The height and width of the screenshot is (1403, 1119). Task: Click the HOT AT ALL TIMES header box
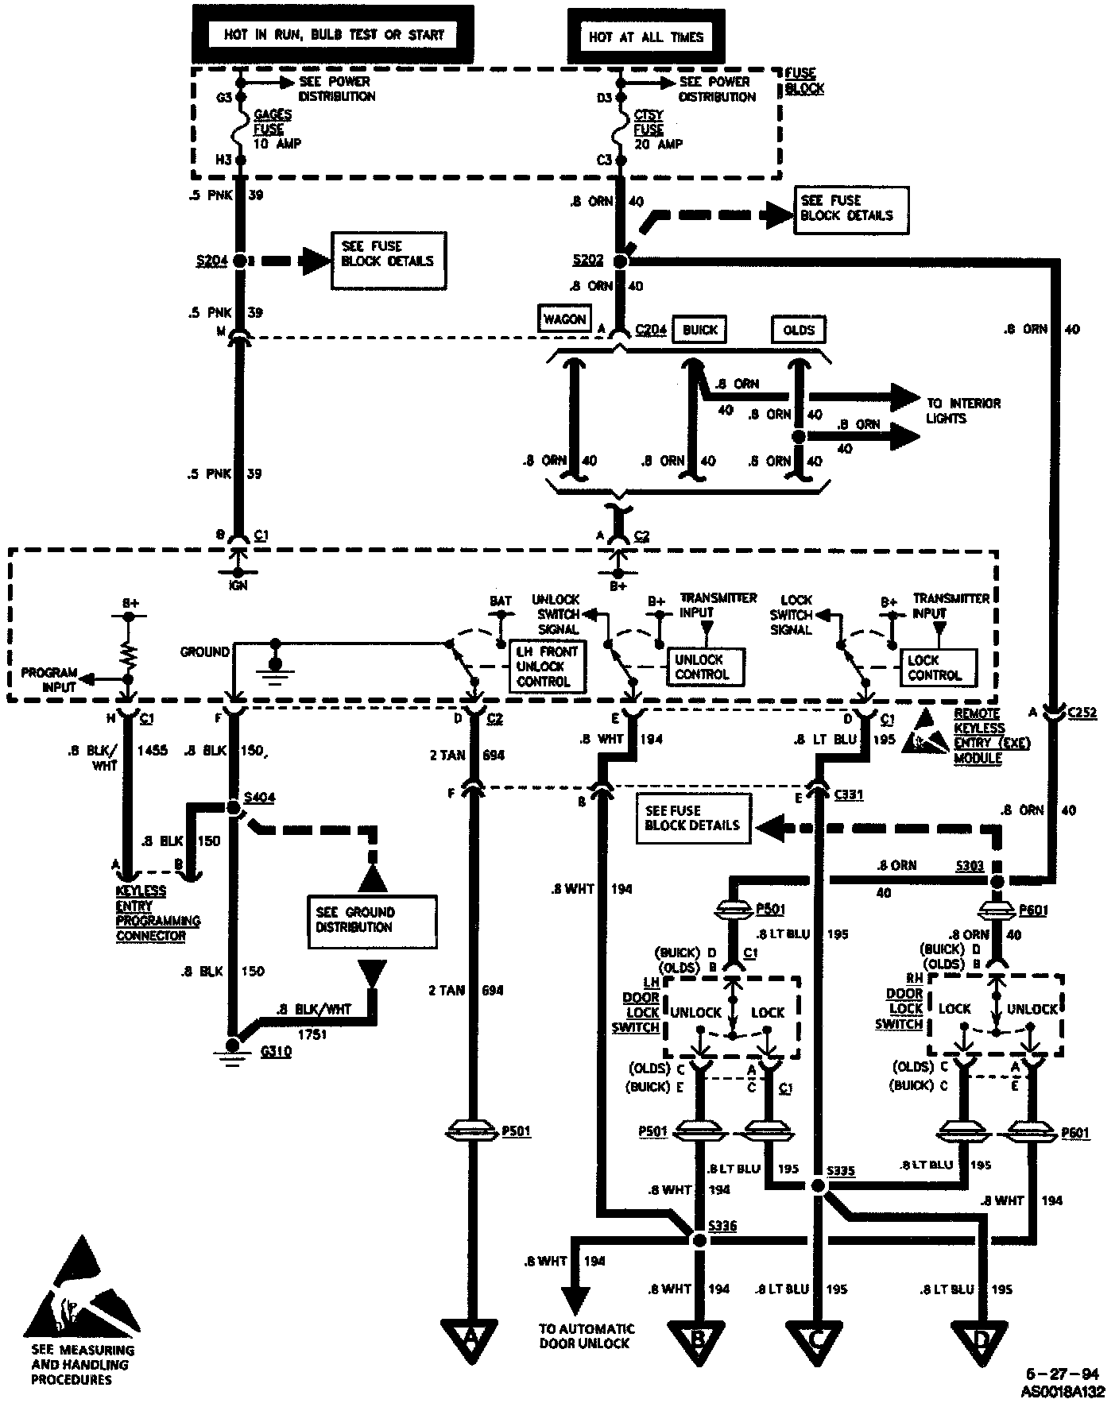pyautogui.click(x=645, y=37)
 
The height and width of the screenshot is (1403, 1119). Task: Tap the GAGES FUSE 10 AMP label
pyautogui.click(x=274, y=129)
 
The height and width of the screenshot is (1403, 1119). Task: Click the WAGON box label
pyautogui.click(x=564, y=319)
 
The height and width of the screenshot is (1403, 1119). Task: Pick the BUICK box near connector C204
pyautogui.click(x=699, y=330)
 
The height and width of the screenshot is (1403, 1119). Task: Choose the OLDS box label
pyautogui.click(x=798, y=330)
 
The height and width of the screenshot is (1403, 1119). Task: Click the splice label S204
pyautogui.click(x=211, y=260)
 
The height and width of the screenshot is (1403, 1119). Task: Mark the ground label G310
pyautogui.click(x=276, y=1051)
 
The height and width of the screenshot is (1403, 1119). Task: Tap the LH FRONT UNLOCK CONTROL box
pyautogui.click(x=547, y=667)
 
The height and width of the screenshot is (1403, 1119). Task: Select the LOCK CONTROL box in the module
pyautogui.click(x=935, y=667)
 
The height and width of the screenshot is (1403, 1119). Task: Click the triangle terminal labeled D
pyautogui.click(x=981, y=1339)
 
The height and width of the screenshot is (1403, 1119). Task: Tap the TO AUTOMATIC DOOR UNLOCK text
pyautogui.click(x=587, y=1335)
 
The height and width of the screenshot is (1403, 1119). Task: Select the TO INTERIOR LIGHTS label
pyautogui.click(x=962, y=411)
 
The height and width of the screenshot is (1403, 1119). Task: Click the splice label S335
pyautogui.click(x=840, y=1171)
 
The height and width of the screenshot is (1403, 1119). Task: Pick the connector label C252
pyautogui.click(x=1082, y=713)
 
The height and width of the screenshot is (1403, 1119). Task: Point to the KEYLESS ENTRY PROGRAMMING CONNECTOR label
pyautogui.click(x=157, y=913)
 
